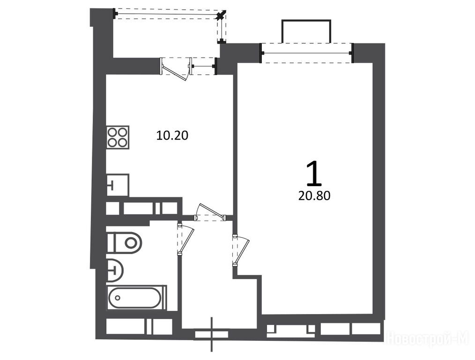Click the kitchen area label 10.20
click(x=172, y=135)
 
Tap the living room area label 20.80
click(x=314, y=196)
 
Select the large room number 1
click(x=314, y=173)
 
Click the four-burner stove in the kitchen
click(x=118, y=137)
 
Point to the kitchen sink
click(x=118, y=185)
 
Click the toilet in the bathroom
click(x=124, y=242)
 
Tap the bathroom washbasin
click(x=115, y=269)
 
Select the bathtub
click(x=137, y=298)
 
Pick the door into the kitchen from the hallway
click(x=210, y=212)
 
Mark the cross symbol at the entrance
click(x=212, y=334)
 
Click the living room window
click(x=307, y=53)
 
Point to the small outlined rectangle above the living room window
click(x=306, y=31)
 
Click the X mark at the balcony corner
click(x=222, y=15)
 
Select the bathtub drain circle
click(x=118, y=298)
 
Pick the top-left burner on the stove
click(x=112, y=132)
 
